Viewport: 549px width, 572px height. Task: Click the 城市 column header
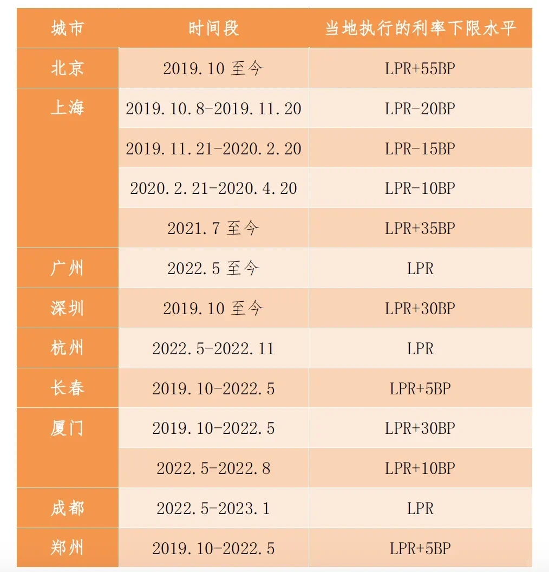pyautogui.click(x=67, y=28)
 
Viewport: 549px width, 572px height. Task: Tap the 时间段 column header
pyautogui.click(x=213, y=28)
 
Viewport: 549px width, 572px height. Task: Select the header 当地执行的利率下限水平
pyautogui.click(x=420, y=28)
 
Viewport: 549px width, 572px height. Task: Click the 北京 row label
pyautogui.click(x=67, y=68)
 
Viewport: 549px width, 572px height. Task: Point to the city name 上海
pyautogui.click(x=67, y=108)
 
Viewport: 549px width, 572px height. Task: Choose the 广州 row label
pyautogui.click(x=67, y=268)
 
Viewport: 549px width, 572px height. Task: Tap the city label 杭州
pyautogui.click(x=67, y=348)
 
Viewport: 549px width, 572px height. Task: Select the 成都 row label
pyautogui.click(x=67, y=508)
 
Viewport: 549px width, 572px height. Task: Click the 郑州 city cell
pyautogui.click(x=67, y=548)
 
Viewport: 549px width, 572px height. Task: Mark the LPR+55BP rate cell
pyautogui.click(x=420, y=68)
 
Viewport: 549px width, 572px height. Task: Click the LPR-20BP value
pyautogui.click(x=420, y=108)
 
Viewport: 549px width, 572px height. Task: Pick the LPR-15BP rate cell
pyautogui.click(x=420, y=148)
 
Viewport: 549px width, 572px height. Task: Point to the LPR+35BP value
pyautogui.click(x=420, y=228)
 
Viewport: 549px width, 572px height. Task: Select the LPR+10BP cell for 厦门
pyautogui.click(x=420, y=468)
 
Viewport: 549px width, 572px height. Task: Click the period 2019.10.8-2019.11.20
pyautogui.click(x=213, y=108)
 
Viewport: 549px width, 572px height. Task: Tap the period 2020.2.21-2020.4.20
pyautogui.click(x=213, y=188)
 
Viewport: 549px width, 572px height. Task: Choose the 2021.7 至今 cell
pyautogui.click(x=213, y=228)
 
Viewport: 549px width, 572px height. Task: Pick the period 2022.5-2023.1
pyautogui.click(x=213, y=508)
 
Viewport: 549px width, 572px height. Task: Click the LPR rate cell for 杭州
pyautogui.click(x=420, y=348)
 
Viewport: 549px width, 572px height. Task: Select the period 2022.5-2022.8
pyautogui.click(x=213, y=468)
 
